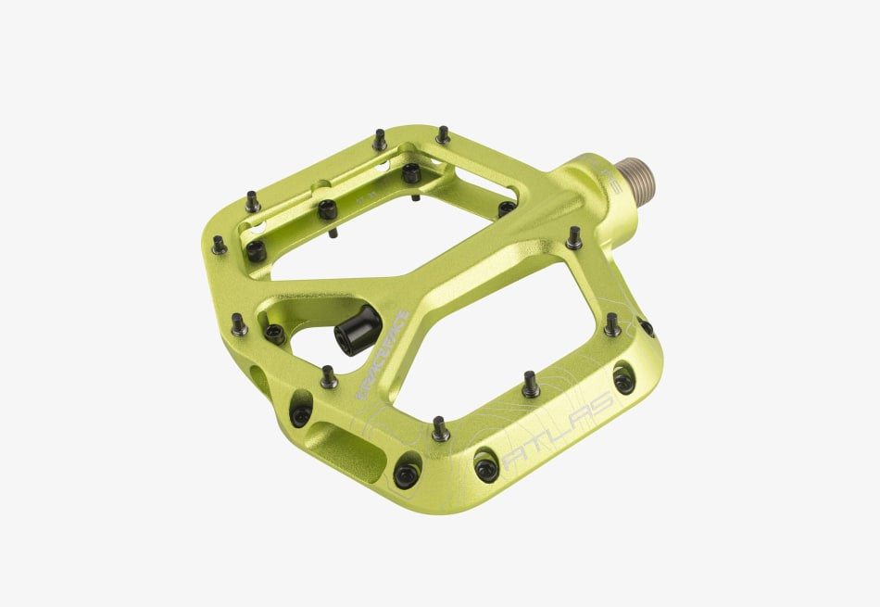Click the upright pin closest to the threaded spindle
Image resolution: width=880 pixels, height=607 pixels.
click(574, 237)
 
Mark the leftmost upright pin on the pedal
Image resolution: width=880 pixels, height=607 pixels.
click(219, 245)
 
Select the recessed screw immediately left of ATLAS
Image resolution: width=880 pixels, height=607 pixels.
click(486, 466)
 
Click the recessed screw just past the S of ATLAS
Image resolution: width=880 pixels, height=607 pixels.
click(625, 379)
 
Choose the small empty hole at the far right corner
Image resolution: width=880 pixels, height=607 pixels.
click(647, 328)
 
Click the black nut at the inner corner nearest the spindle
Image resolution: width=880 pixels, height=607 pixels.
click(506, 209)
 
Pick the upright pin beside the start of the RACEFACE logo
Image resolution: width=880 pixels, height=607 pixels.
click(329, 376)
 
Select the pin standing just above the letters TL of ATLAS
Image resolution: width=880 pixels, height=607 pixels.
click(530, 383)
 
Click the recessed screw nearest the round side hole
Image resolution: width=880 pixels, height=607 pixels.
click(300, 413)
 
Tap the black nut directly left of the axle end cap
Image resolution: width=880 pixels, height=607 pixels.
click(274, 333)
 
